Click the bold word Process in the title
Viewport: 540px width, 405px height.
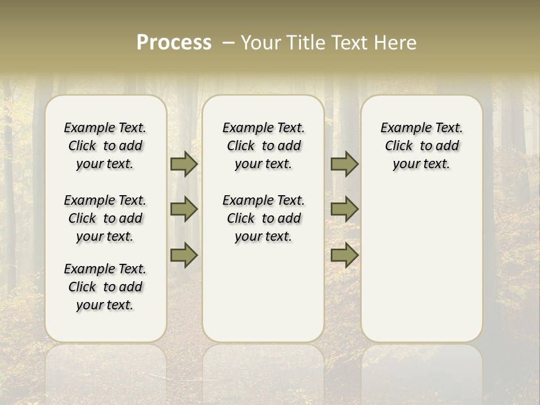pyautogui.click(x=174, y=43)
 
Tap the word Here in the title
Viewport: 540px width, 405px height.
pyautogui.click(x=393, y=43)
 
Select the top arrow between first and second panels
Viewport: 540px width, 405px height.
pyautogui.click(x=184, y=164)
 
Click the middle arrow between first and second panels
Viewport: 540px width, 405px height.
pyautogui.click(x=184, y=209)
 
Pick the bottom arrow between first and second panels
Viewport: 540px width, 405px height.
pyautogui.click(x=184, y=255)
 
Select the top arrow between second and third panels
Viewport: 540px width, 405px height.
pyautogui.click(x=344, y=164)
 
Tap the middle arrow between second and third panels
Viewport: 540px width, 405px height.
pyautogui.click(x=344, y=209)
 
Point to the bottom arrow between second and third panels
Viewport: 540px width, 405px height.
pyautogui.click(x=344, y=255)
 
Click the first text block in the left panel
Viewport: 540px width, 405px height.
pyautogui.click(x=105, y=146)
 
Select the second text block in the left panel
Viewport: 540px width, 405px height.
pyautogui.click(x=105, y=218)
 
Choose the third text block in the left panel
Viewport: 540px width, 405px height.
pyautogui.click(x=105, y=287)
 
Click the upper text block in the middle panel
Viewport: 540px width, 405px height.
pyautogui.click(x=263, y=146)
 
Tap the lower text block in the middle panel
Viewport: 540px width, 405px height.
pyautogui.click(x=263, y=218)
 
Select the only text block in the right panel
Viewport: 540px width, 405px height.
pyautogui.click(x=421, y=146)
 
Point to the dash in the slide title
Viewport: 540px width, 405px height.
pyautogui.click(x=228, y=43)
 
